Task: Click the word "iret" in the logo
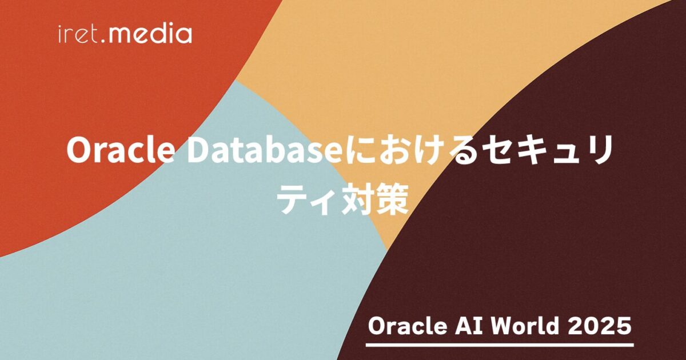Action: (x=78, y=35)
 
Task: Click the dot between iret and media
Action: (x=103, y=41)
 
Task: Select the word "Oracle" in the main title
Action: (x=119, y=150)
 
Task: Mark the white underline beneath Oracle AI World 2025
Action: (x=500, y=345)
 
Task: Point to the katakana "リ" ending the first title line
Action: (x=598, y=150)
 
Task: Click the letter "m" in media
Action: (x=121, y=35)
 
